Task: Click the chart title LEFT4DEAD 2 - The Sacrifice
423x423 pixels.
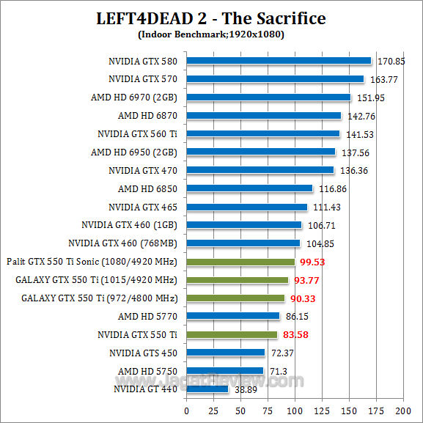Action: click(211, 18)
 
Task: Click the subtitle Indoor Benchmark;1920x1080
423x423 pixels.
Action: click(211, 34)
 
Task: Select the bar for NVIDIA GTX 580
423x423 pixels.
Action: click(279, 61)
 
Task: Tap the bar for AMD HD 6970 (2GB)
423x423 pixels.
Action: click(268, 98)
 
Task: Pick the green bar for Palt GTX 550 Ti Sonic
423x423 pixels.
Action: click(240, 262)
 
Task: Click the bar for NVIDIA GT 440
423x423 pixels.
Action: click(207, 389)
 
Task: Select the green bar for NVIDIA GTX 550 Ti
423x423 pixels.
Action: click(232, 335)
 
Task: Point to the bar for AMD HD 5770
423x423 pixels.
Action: click(233, 317)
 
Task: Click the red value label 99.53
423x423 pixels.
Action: click(312, 262)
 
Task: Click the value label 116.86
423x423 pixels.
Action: click(331, 188)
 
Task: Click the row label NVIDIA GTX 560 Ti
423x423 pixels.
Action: click(137, 133)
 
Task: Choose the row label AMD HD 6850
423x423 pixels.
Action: click(147, 188)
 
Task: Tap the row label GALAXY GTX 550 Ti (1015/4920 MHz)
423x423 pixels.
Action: click(96, 280)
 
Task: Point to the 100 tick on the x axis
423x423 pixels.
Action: click(295, 411)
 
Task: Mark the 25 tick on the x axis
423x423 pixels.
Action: click(213, 411)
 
